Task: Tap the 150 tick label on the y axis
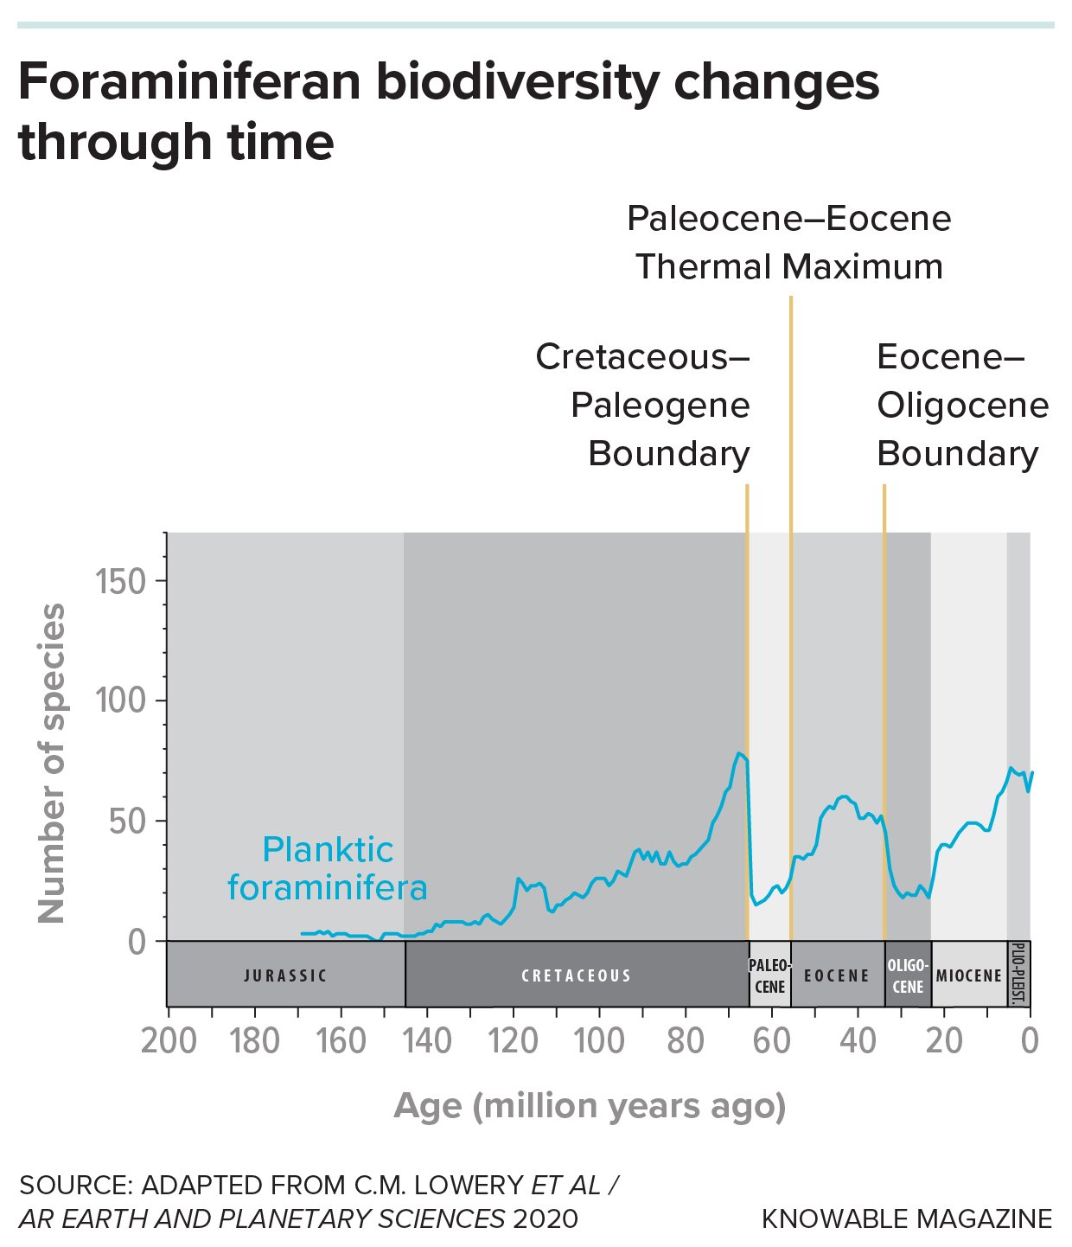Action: (x=121, y=582)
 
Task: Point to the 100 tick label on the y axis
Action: (x=121, y=700)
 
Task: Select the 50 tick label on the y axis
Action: (x=128, y=821)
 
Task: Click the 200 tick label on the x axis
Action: (x=169, y=1041)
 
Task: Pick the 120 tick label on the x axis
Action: (x=513, y=1041)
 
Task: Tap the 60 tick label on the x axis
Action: (x=771, y=1041)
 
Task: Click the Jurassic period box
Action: (x=285, y=975)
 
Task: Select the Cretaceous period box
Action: (x=577, y=975)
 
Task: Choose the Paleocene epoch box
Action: (x=769, y=975)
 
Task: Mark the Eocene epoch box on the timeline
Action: (x=837, y=975)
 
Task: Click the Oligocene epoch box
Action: (x=908, y=975)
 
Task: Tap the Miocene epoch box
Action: (x=969, y=975)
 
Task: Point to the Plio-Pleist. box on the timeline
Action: (x=1018, y=975)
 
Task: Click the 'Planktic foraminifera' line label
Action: (x=328, y=868)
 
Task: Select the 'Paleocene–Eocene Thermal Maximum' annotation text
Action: (x=789, y=242)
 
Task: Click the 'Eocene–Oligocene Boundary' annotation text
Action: (x=962, y=405)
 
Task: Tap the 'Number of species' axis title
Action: (x=53, y=763)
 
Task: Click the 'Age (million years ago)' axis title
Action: (x=590, y=1106)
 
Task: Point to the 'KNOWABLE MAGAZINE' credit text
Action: (x=907, y=1218)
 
